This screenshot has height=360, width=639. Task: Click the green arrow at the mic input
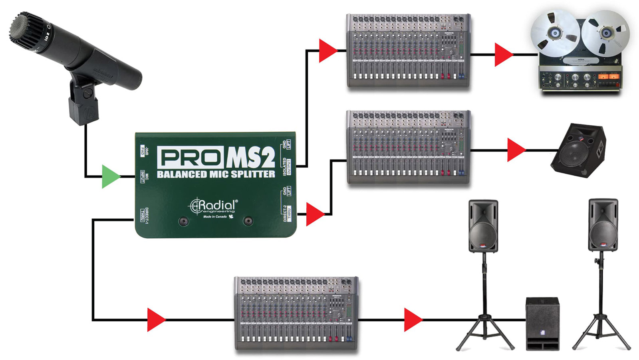coord(110,176)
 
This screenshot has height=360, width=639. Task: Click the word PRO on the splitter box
coord(190,157)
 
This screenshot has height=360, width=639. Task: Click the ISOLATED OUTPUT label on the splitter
coord(286,166)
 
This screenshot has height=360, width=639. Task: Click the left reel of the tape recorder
coord(555,34)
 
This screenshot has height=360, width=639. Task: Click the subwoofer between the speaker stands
coord(542,323)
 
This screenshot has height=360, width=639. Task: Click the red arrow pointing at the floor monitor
coord(516,150)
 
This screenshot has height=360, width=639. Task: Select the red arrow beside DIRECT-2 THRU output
coord(315,214)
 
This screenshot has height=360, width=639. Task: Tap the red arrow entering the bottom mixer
coord(156,320)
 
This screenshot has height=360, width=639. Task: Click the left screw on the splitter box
coord(183,221)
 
